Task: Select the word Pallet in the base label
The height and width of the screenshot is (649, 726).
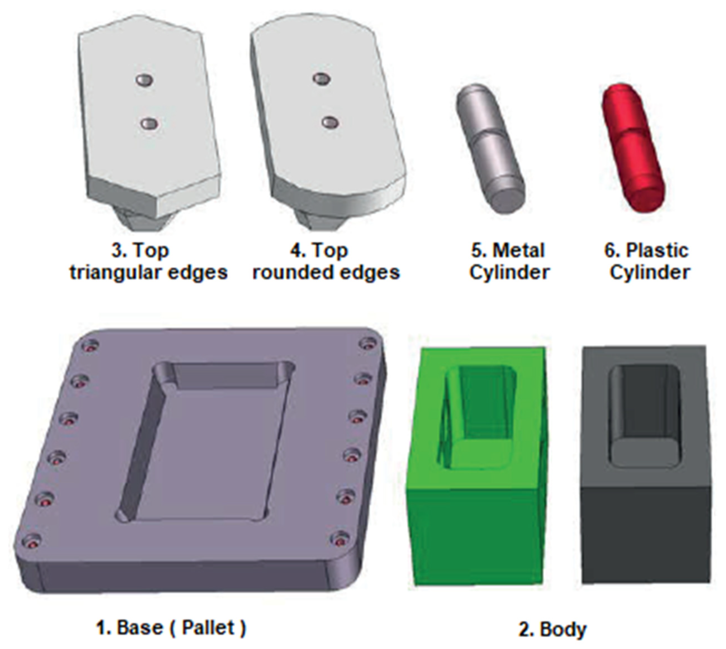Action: [x=208, y=627]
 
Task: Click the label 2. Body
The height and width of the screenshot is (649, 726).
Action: [x=552, y=629]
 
